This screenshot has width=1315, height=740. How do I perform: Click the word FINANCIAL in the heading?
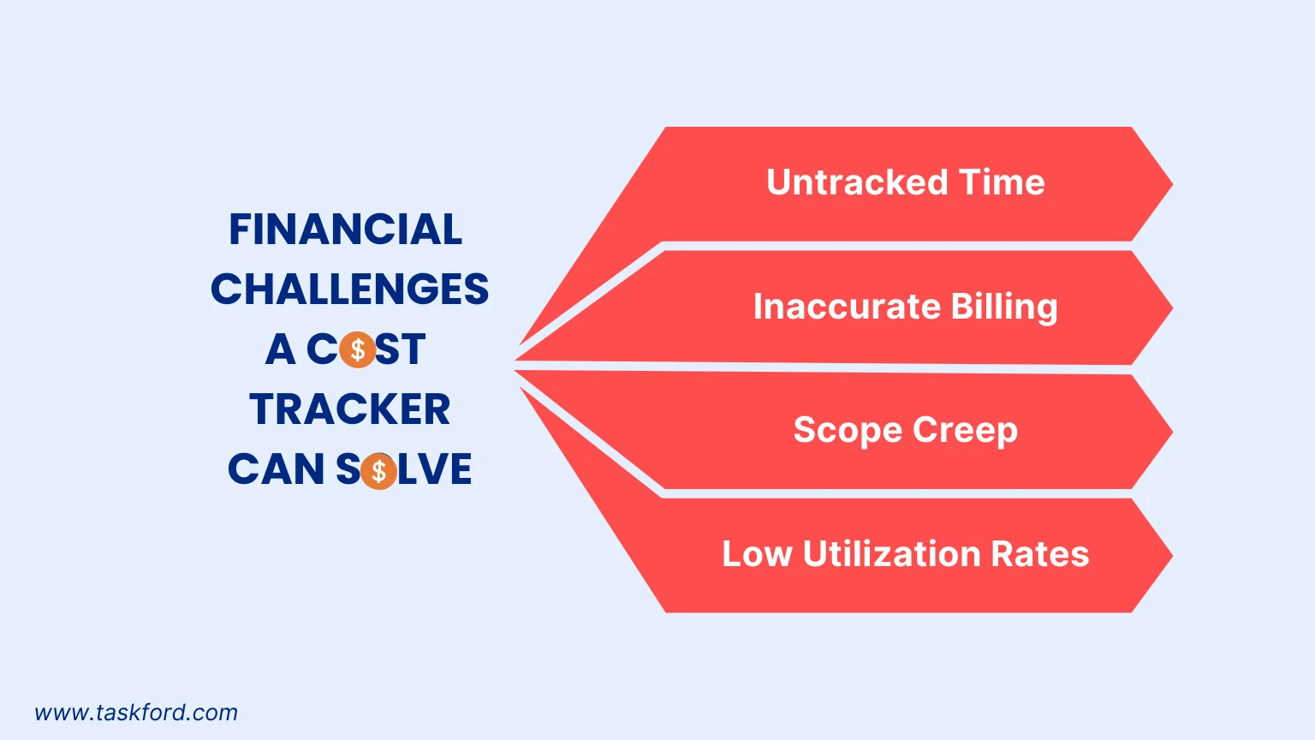pyautogui.click(x=345, y=229)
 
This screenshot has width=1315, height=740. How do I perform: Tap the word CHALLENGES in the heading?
pyautogui.click(x=350, y=289)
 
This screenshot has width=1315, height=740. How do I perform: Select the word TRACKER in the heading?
pyautogui.click(x=350, y=409)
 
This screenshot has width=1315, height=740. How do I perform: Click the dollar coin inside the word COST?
pyautogui.click(x=358, y=349)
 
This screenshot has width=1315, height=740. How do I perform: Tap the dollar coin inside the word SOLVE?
pyautogui.click(x=378, y=471)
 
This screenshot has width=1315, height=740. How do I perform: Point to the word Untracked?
pyautogui.click(x=857, y=182)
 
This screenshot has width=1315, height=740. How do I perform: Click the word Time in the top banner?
pyautogui.click(x=1002, y=182)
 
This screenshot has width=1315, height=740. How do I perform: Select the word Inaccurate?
pyautogui.click(x=847, y=306)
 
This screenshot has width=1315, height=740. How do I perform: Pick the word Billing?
pyautogui.click(x=1004, y=307)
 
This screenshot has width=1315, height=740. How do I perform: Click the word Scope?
pyautogui.click(x=847, y=431)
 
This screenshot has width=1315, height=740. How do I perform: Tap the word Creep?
pyautogui.click(x=965, y=431)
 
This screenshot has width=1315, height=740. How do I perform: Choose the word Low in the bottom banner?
pyautogui.click(x=757, y=554)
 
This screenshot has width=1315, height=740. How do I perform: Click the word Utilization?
pyautogui.click(x=892, y=554)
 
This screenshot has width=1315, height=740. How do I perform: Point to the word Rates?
pyautogui.click(x=1040, y=554)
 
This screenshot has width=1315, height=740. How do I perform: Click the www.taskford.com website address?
pyautogui.click(x=136, y=713)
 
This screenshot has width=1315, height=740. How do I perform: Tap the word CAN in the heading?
pyautogui.click(x=276, y=468)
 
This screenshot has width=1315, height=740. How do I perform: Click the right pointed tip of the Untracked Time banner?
pyautogui.click(x=1172, y=184)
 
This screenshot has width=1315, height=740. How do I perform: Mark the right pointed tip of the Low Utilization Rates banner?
pyautogui.click(x=1172, y=556)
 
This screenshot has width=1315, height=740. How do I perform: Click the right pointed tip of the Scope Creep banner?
pyautogui.click(x=1172, y=432)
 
